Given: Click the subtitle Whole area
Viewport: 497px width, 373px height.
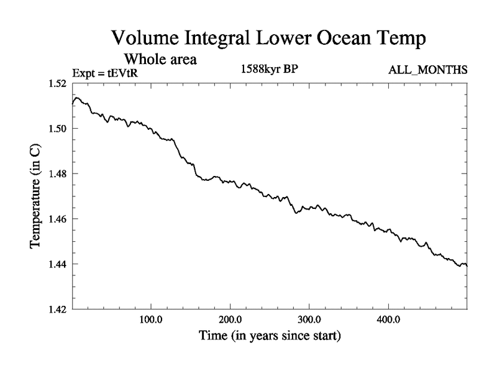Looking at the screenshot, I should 161,60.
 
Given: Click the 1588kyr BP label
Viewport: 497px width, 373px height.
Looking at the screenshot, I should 270,69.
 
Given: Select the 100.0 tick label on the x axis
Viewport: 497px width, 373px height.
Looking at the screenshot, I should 152,320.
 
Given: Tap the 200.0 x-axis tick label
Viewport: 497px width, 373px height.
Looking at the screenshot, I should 230,320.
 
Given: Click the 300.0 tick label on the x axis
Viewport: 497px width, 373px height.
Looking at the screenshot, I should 309,320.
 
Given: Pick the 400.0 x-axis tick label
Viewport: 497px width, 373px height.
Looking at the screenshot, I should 388,320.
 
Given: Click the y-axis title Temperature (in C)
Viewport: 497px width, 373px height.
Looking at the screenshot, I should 36,196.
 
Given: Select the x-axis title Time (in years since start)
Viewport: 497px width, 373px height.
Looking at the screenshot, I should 270,336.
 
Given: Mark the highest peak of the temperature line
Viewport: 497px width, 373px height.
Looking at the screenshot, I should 76,98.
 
